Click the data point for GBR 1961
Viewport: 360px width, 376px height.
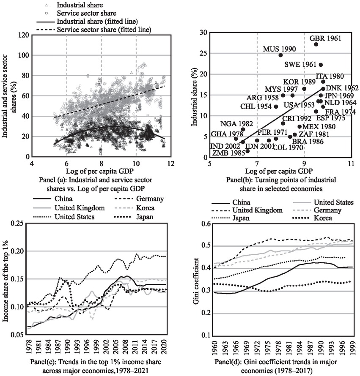click(316, 44)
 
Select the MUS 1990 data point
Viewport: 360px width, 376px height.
click(280, 55)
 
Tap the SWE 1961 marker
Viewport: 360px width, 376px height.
click(321, 65)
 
